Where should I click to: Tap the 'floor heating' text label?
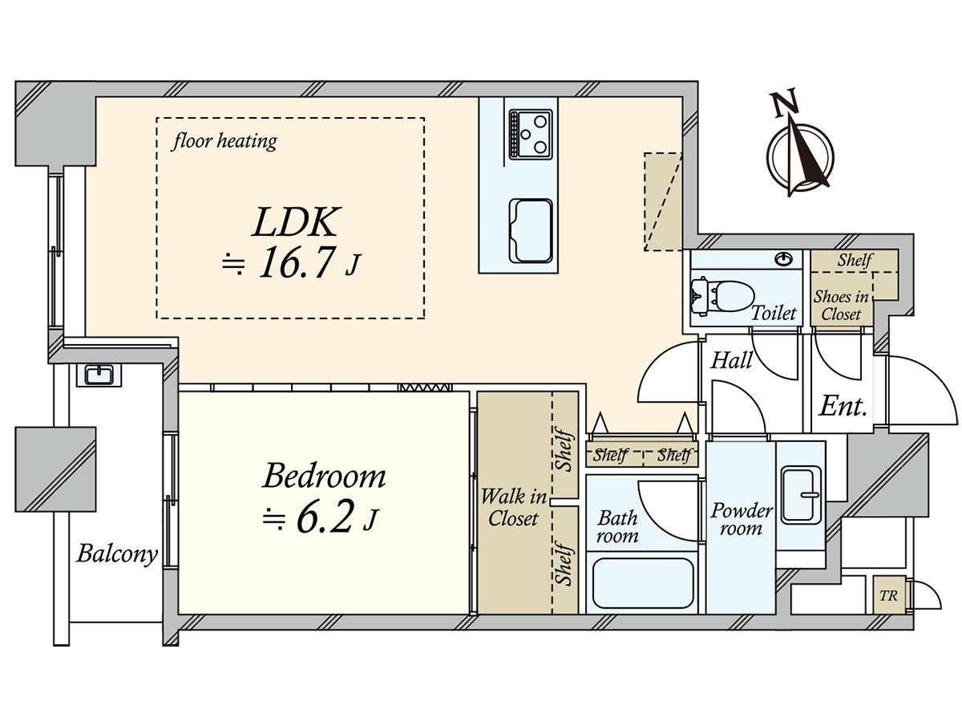(x=224, y=142)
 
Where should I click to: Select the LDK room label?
(x=297, y=222)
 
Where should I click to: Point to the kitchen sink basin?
(x=531, y=229)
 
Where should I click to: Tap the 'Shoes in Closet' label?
(x=840, y=306)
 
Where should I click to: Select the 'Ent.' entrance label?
(x=843, y=406)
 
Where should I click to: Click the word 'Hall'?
(x=731, y=360)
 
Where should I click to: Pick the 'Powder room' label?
(x=742, y=519)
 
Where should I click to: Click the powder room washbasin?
(x=802, y=494)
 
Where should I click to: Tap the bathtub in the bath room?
(x=641, y=583)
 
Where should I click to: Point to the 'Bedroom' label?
(x=324, y=477)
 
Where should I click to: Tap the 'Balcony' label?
(x=116, y=554)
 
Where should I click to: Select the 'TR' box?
(x=887, y=596)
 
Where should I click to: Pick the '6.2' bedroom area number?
(x=324, y=520)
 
